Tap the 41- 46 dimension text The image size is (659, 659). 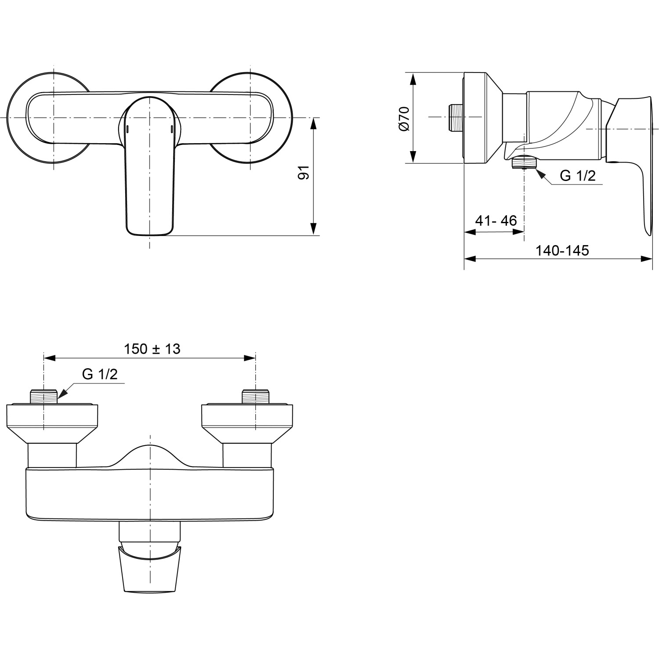point(496,221)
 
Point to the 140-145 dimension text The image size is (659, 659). point(562,250)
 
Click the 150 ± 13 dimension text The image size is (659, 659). point(152,349)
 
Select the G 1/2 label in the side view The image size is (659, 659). point(577,176)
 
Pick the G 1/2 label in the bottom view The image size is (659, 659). point(100,374)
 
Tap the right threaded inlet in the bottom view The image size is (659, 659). point(256,396)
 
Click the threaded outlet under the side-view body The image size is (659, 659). point(524,163)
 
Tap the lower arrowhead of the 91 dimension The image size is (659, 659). point(313,229)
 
